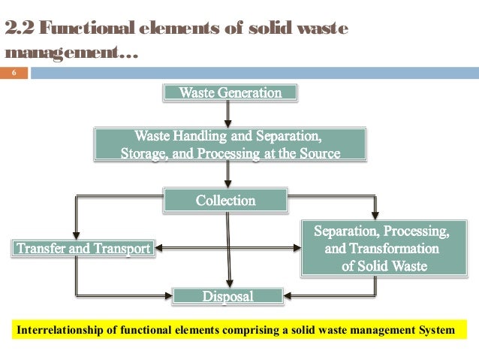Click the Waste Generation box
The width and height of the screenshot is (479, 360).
coord(230,93)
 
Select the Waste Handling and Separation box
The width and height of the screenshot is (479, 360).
coord(230,145)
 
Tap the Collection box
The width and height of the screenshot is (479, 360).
coord(226,201)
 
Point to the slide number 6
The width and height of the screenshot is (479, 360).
coord(14,74)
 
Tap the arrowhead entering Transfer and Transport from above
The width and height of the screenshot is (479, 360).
coord(76,234)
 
